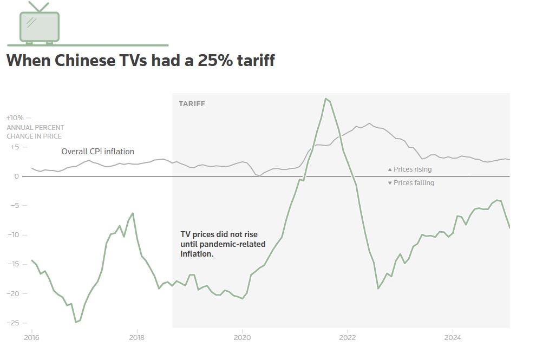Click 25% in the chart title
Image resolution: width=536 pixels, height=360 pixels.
[216, 60]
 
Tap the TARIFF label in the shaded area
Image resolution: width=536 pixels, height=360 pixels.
[192, 103]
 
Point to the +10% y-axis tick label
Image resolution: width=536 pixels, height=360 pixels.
[15, 117]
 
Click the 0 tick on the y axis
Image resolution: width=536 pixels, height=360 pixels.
[17, 176]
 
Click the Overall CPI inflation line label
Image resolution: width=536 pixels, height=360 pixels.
[97, 152]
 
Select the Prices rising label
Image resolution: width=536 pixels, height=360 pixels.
[413, 169]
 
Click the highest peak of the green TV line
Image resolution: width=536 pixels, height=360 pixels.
[325, 99]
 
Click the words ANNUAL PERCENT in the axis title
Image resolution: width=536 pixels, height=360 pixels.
[35, 128]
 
